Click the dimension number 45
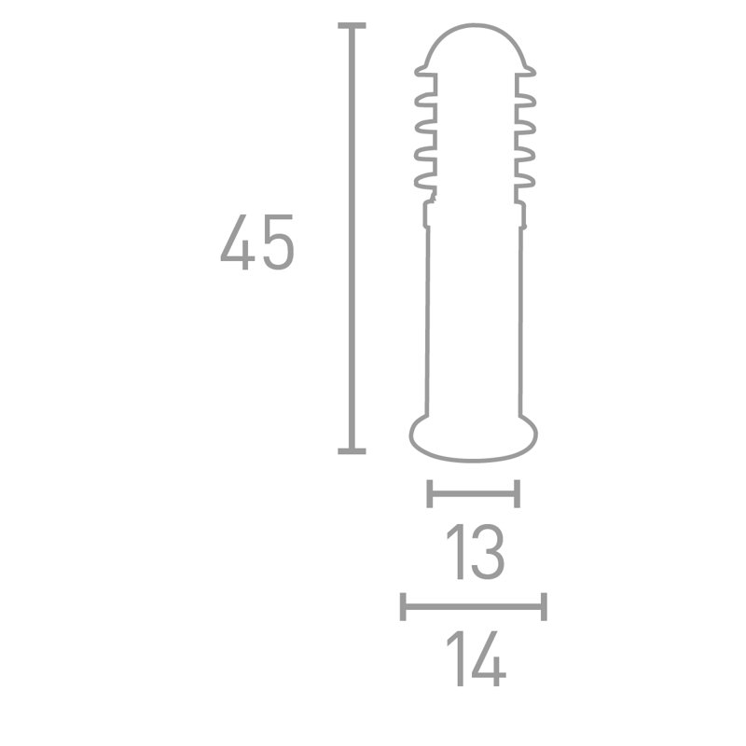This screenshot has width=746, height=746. coord(257,242)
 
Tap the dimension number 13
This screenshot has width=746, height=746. coord(475,552)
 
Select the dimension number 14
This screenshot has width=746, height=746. coord(476,658)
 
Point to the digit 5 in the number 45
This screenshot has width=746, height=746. coord(278,242)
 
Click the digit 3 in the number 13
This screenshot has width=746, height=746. coord(487,552)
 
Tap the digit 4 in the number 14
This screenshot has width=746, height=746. coord(489,658)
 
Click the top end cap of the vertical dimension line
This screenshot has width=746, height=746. coord(352,25)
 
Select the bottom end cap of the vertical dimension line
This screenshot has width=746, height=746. coord(352,451)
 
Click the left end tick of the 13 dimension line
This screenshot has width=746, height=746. coord(430,494)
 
